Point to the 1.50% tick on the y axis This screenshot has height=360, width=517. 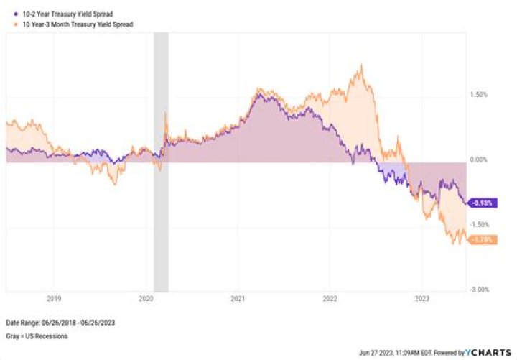tap(479, 94)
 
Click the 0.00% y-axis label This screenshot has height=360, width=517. tap(479, 160)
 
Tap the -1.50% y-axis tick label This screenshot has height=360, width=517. tap(479, 224)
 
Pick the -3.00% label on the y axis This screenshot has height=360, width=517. tap(479, 290)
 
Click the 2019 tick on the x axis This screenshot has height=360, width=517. tap(54, 297)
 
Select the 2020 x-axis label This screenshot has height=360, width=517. tap(146, 297)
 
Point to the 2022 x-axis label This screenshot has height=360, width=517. tap(330, 297)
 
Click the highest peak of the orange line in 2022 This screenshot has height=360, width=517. tap(361, 66)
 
